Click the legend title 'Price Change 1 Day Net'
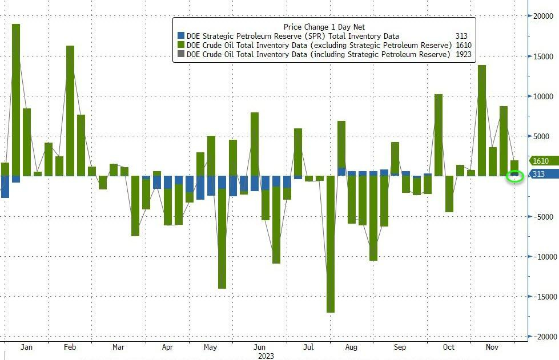[x=324, y=27]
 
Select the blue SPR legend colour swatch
[x=181, y=36]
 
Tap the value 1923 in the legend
[x=463, y=54]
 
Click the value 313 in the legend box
[x=461, y=36]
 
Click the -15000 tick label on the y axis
[x=543, y=297]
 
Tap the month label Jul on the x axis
[x=308, y=347]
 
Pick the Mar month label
[x=118, y=347]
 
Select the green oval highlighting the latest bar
[x=515, y=176]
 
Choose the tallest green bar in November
[x=482, y=120]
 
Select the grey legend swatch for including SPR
[x=181, y=54]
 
